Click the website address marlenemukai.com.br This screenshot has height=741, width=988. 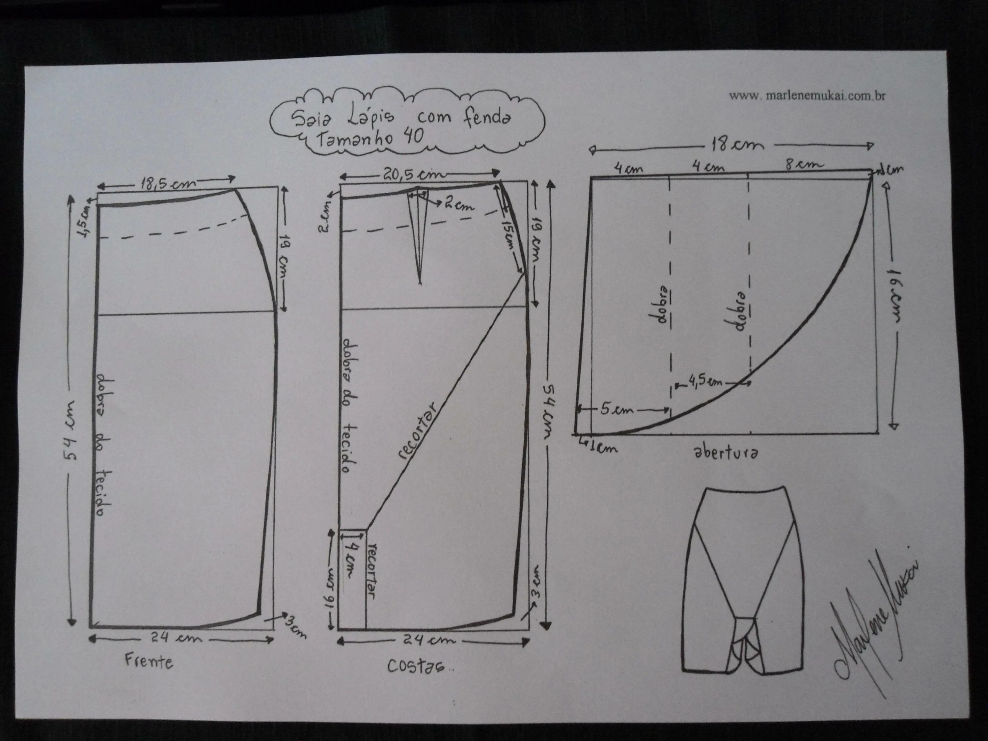click(807, 96)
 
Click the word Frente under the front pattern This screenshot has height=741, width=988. click(149, 661)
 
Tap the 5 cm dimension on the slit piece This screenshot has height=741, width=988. click(617, 409)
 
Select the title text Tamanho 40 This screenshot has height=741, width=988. click(370, 137)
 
